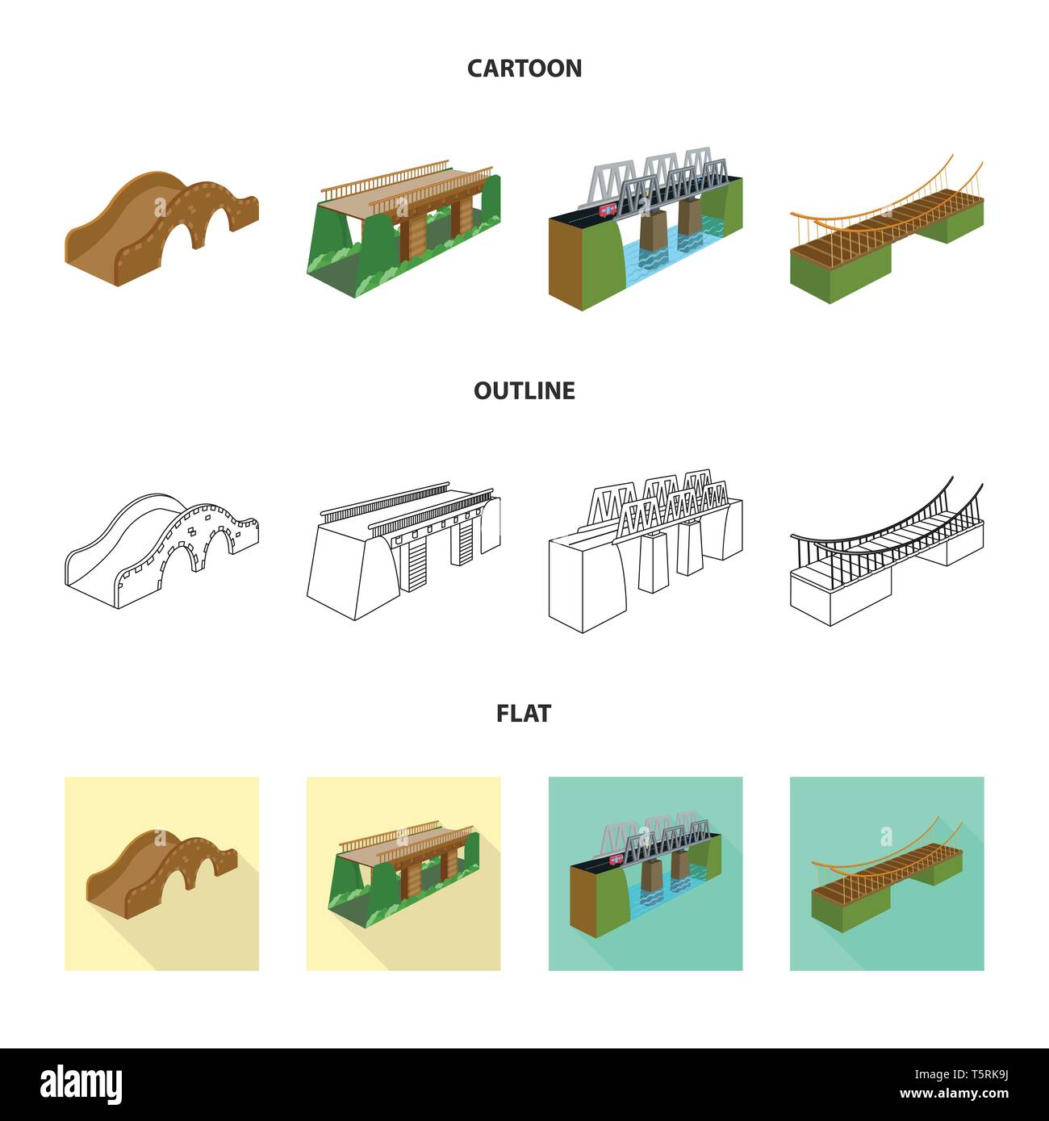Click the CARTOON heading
524,69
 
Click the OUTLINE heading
524,390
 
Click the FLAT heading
524,714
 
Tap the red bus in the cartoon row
608,211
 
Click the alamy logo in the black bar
81,1085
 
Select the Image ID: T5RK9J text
961,1074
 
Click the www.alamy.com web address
954,1094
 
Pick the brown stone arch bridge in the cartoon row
161,228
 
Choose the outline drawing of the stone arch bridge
161,551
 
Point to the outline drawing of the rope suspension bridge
887,551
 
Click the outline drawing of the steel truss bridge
646,551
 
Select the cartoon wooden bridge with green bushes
403,228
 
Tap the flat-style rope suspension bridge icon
887,873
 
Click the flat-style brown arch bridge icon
161,873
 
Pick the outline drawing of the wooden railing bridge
403,551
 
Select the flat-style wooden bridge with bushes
403,873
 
